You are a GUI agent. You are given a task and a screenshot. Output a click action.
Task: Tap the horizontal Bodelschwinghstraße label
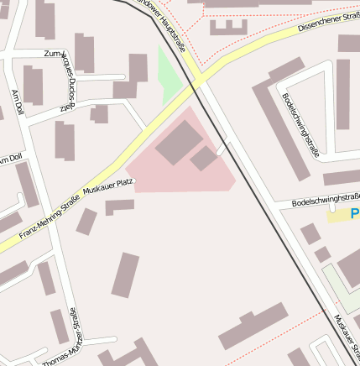326,200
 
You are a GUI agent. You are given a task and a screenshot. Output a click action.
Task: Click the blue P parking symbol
356,213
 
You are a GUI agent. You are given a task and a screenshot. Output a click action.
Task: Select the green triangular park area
169,76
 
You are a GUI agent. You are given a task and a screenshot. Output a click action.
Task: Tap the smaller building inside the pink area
204,158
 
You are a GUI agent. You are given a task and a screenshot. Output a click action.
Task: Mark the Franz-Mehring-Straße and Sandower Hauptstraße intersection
197,81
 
